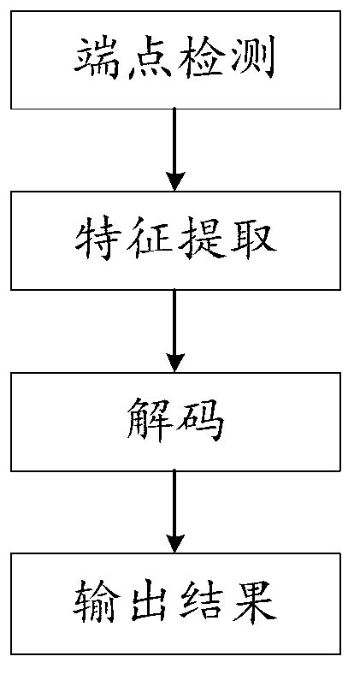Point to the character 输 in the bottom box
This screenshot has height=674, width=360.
97,603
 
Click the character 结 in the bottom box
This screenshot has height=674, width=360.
202,603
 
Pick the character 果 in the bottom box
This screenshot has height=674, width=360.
252,603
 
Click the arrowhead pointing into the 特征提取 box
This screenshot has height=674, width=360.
175,182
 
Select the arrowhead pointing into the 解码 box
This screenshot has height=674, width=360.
175,362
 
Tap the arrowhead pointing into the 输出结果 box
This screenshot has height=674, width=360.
175,543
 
